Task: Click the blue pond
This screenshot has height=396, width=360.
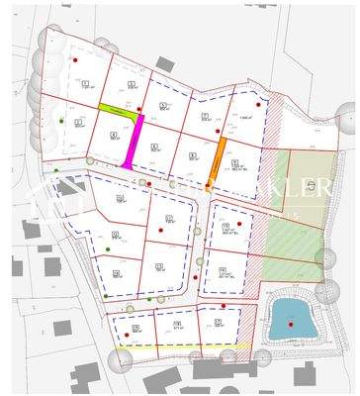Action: click(x=291, y=316)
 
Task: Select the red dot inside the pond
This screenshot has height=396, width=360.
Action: click(x=292, y=321)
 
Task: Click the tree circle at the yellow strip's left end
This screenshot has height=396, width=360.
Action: click(x=120, y=360)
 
